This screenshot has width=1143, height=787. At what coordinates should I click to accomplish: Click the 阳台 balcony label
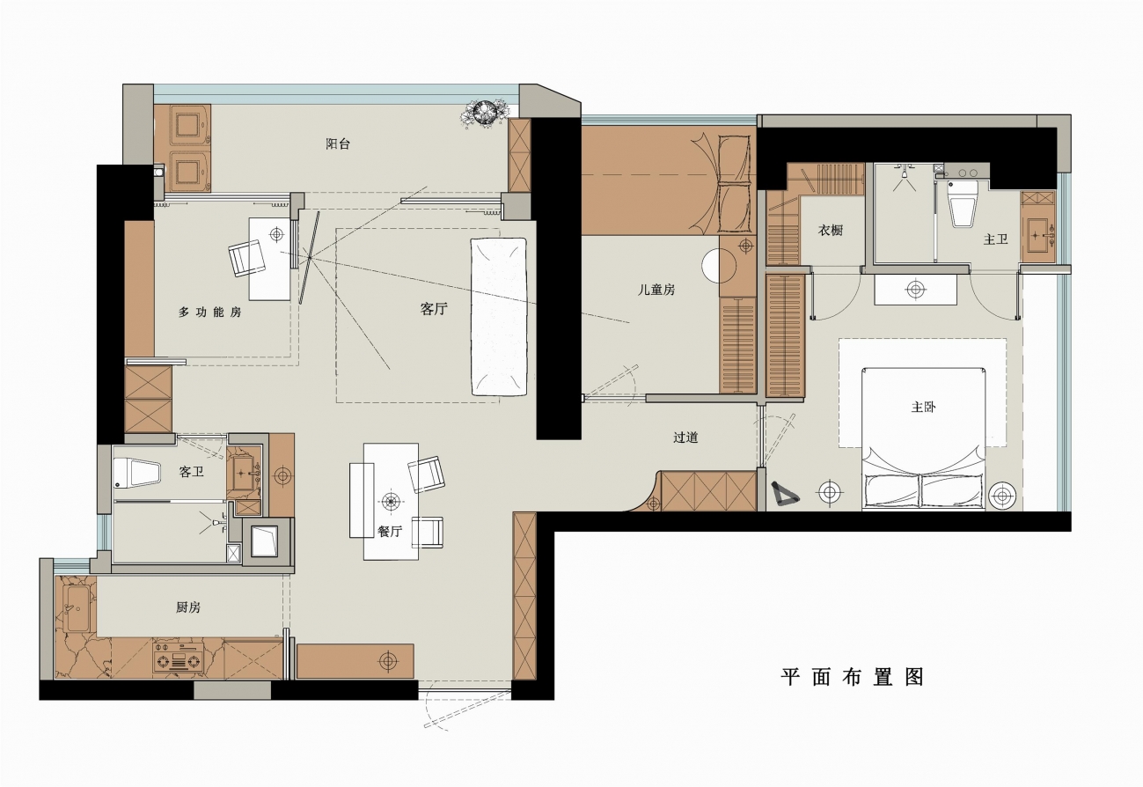338,143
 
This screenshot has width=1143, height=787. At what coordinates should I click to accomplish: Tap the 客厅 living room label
434,309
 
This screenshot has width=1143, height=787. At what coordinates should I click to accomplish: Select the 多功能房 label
209,312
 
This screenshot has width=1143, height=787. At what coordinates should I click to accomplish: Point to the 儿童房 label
656,290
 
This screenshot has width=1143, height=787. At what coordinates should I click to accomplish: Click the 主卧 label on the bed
923,408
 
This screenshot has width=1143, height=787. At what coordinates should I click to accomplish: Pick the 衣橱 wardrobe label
831,231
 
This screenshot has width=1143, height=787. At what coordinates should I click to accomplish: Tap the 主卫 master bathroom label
995,239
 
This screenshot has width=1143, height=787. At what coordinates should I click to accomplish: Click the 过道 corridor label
685,438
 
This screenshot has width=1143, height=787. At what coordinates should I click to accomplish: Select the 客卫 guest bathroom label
191,472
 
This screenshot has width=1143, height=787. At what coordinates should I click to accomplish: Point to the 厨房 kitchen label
188,607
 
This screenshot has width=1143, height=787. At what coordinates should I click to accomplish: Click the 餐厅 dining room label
390,532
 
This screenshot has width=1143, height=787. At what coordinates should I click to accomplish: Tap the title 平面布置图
852,677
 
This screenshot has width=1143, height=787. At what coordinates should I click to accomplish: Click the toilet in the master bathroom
962,202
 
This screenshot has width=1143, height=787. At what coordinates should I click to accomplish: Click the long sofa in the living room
499,316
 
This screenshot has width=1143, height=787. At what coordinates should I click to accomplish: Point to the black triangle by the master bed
784,494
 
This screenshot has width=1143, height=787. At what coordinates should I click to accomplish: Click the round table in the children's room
719,265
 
